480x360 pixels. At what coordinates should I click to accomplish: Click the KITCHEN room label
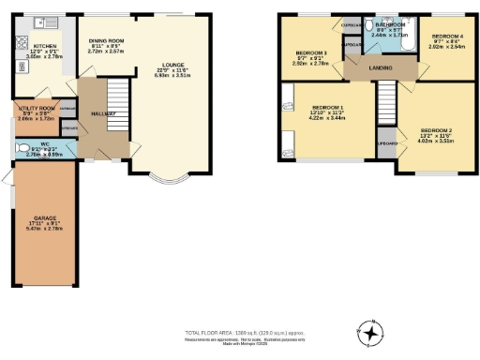click(x=47, y=45)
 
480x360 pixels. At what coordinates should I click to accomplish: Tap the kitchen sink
click(x=39, y=21)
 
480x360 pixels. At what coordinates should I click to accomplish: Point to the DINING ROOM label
click(x=106, y=41)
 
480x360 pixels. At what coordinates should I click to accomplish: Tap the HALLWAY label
click(x=105, y=113)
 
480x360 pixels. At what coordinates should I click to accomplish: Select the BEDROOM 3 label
click(x=310, y=52)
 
